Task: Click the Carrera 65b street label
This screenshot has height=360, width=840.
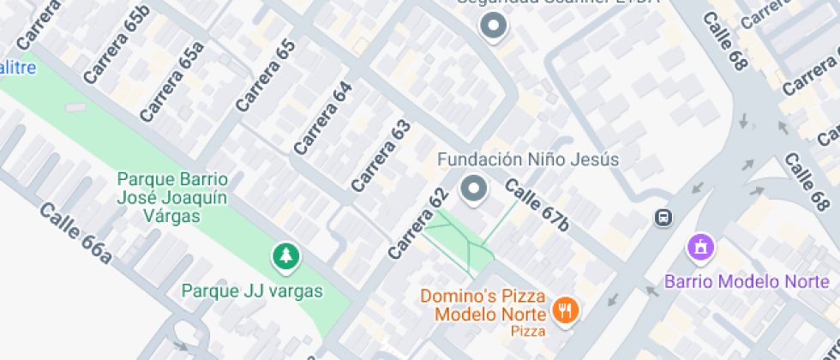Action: tap(117, 45)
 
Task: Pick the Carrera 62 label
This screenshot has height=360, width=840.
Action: tap(418, 224)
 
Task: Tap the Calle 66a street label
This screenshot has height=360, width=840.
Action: tap(75, 231)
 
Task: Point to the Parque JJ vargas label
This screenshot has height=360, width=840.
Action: tap(252, 291)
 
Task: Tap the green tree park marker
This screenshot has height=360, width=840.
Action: tap(285, 255)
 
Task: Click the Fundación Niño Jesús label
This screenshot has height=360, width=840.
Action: tap(528, 159)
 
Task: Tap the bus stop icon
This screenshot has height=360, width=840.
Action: tap(663, 218)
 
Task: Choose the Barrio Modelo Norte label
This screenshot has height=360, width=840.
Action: tap(752, 281)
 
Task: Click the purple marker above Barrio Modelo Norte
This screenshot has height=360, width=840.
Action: tap(701, 248)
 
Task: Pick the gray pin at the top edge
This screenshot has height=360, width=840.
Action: tap(493, 27)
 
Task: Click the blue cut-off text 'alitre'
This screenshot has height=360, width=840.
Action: tap(17, 67)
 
